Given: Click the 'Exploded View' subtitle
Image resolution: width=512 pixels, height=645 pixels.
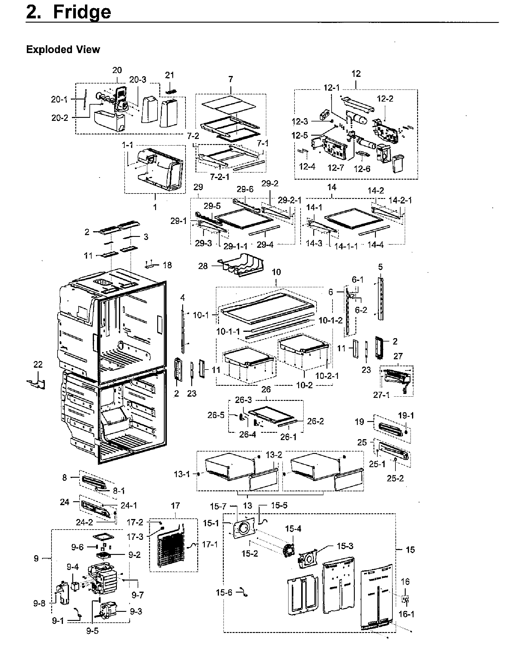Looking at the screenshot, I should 63,49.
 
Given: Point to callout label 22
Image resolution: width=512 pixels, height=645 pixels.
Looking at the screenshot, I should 38,365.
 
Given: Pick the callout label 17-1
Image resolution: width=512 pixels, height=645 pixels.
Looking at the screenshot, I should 210,544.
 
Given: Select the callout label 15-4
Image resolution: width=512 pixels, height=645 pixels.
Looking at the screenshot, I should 293,529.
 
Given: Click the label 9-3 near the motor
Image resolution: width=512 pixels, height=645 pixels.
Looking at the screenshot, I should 136,612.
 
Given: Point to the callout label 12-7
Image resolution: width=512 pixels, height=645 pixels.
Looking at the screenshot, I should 336,168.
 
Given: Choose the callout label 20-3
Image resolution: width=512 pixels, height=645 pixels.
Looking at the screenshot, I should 138,80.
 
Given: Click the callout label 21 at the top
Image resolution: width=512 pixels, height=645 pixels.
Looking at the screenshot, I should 170,75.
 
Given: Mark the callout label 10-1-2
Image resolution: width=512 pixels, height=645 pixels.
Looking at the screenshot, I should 330,321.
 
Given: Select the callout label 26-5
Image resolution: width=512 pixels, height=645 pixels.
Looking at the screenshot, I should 216,415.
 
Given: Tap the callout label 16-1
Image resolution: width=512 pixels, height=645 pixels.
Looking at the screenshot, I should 406,614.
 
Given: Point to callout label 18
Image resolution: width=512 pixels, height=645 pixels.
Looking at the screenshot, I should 167,265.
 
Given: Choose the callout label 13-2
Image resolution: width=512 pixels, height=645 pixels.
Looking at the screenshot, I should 274,455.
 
